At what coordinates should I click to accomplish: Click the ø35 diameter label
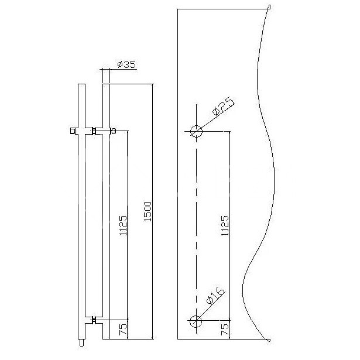126,64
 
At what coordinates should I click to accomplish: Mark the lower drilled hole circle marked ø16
196,320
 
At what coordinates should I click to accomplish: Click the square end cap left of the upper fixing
72,131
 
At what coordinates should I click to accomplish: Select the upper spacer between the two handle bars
93,131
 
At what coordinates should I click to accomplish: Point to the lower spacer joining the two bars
93,320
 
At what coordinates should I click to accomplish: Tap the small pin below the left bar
81,342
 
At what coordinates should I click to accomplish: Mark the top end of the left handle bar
81,86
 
